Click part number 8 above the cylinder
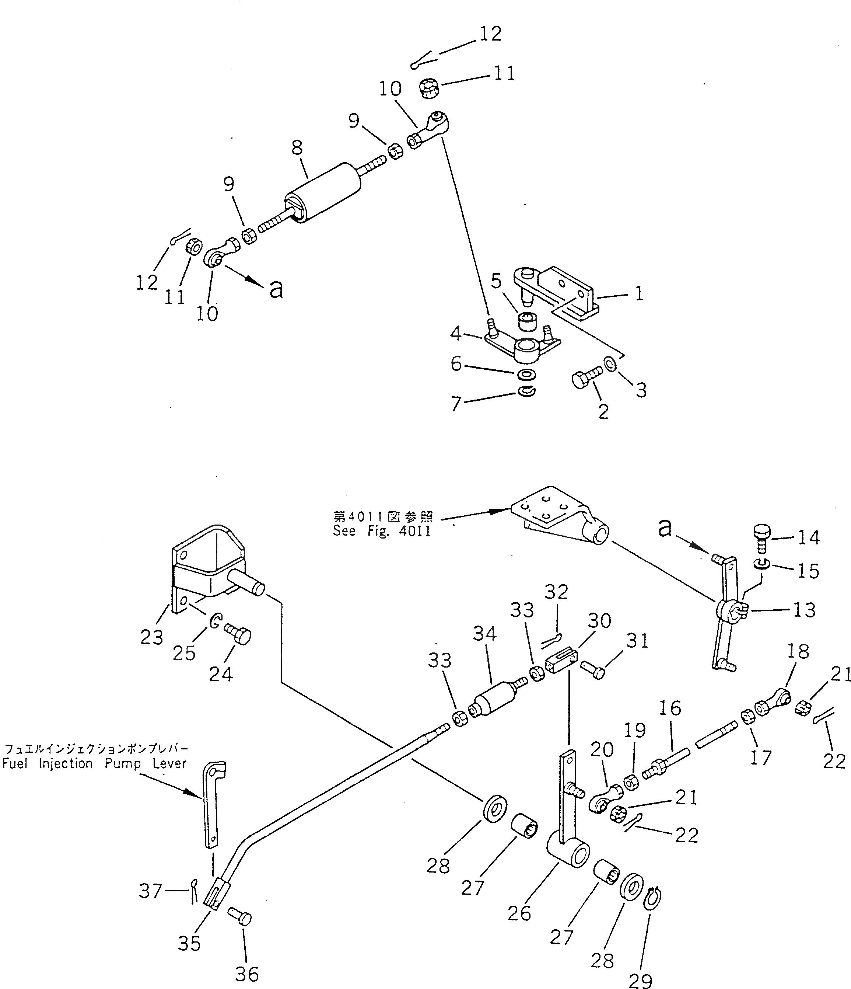click(x=297, y=147)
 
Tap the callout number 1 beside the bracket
click(x=639, y=293)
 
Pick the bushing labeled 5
click(x=527, y=322)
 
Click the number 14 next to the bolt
click(x=809, y=537)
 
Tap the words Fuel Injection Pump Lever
click(x=94, y=763)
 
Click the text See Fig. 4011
click(x=382, y=531)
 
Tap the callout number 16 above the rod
click(x=670, y=708)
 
